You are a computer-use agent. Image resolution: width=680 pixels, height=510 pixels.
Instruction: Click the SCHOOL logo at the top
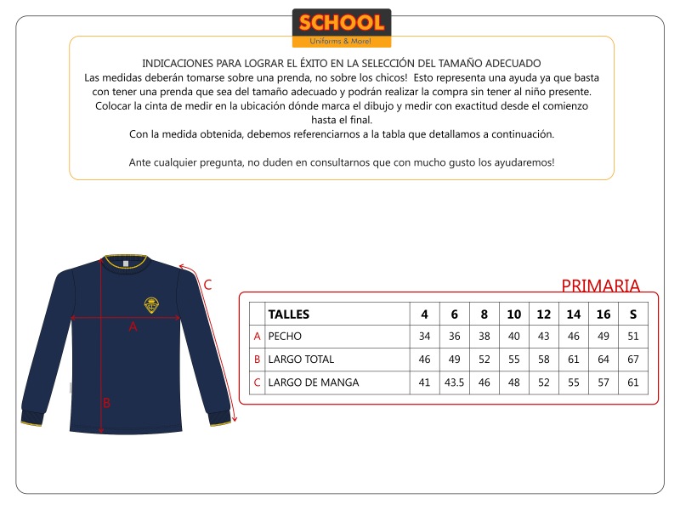pos(341,28)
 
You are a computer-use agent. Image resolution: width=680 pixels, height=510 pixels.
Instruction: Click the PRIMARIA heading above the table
pos(600,286)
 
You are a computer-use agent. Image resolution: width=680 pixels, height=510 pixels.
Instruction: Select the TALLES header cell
pos(289,314)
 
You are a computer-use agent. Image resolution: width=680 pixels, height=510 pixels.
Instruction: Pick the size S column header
pos(632,314)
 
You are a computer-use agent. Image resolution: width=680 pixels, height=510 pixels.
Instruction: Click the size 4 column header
pos(424,314)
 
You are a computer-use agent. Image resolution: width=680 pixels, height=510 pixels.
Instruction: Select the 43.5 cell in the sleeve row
pos(454,382)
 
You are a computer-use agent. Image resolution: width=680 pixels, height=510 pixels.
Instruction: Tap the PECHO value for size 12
pos(543,337)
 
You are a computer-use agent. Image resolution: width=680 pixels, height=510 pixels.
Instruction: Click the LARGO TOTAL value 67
pos(632,360)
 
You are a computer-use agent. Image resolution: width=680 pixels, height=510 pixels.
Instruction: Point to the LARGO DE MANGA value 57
pos(603,382)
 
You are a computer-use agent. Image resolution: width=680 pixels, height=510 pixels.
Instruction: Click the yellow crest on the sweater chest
pos(151,303)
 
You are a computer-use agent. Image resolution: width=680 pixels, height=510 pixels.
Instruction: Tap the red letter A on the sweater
pos(133,326)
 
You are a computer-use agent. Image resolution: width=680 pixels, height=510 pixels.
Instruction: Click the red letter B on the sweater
pos(106,403)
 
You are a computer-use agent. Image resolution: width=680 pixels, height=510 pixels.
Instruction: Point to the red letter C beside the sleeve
pos(207,285)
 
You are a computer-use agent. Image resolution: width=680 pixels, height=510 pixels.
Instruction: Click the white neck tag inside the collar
pos(124,263)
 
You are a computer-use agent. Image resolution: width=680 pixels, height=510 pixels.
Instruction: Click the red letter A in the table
pos(257,337)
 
